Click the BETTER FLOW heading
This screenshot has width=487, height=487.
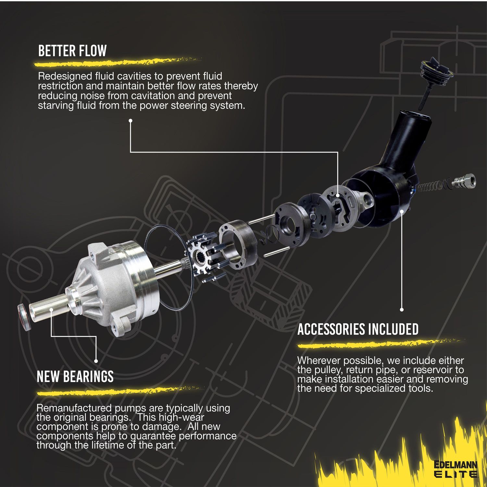pos(72,51)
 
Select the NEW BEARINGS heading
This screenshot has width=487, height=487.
pos(75,377)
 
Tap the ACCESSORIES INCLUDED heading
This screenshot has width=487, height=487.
pos(358,329)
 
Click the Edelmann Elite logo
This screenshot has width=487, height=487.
pos(456,469)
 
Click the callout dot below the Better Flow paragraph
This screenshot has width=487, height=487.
pos(131,120)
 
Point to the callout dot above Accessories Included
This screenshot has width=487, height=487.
pos(402,309)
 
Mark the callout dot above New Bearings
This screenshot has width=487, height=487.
pos(96,361)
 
